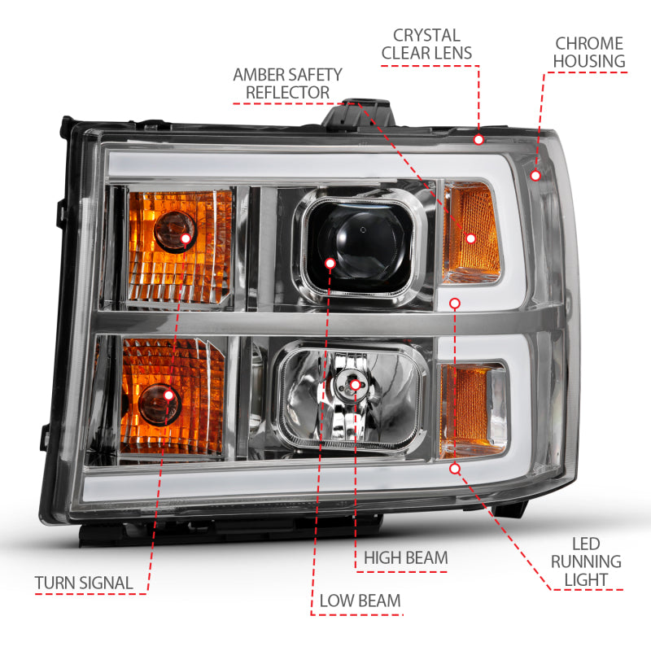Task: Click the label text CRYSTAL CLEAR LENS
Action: point(426,45)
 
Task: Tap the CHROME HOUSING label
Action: point(589,52)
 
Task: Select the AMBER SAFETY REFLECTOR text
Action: point(287,83)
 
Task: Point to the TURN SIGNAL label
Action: point(84,583)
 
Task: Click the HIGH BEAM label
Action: point(405,557)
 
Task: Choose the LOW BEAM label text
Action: point(360,601)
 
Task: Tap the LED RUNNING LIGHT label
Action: point(586,561)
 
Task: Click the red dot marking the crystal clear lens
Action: point(478,139)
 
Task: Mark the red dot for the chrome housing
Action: point(535,174)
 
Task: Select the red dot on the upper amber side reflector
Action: point(470,238)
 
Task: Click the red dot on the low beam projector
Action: point(330,263)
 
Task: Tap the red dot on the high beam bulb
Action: point(356,384)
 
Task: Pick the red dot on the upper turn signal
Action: point(186,238)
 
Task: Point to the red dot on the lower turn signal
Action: point(169,395)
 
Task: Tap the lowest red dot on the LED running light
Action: point(455,469)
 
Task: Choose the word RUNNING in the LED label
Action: point(586,561)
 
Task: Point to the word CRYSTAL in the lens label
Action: point(426,35)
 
